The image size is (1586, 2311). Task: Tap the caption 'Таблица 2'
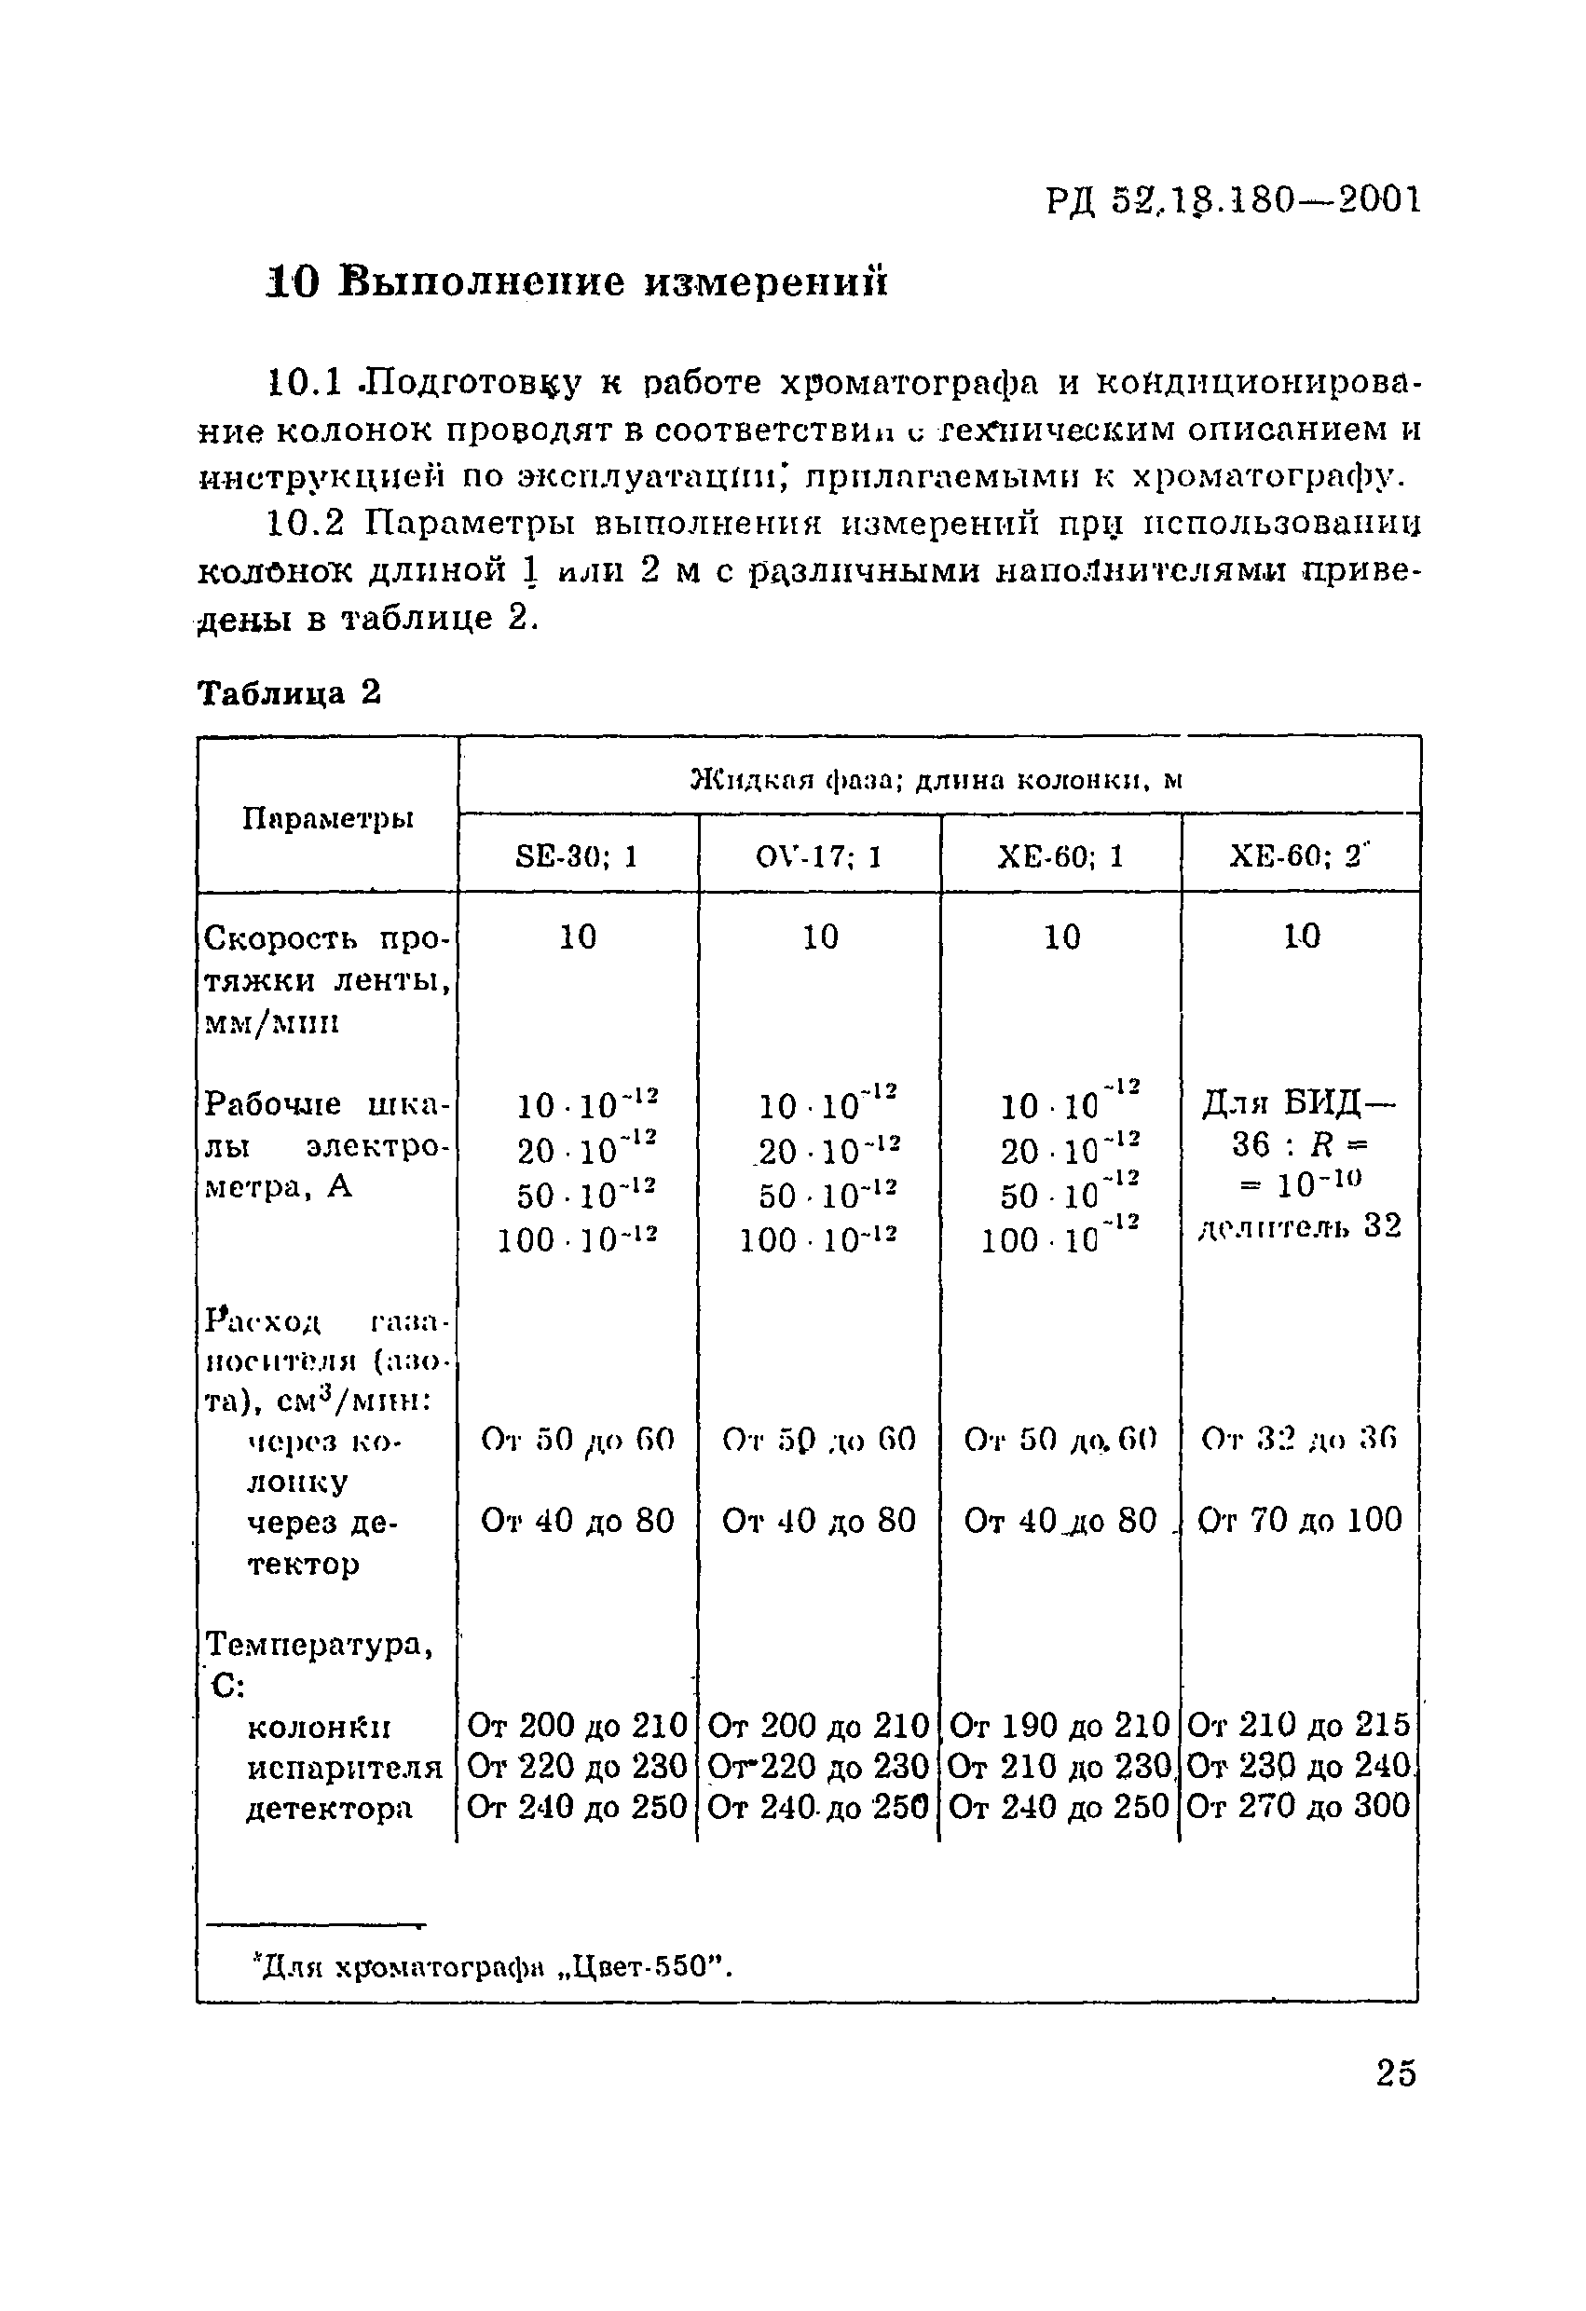290,692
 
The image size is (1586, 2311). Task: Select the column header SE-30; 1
577,856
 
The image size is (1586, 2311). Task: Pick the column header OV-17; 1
818,856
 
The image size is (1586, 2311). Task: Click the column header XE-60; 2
1300,856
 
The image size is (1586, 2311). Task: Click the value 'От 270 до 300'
1300,1805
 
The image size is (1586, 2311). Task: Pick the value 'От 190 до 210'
1059,1723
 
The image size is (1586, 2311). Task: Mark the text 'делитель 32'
1300,1226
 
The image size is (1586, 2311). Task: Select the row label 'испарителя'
344,1766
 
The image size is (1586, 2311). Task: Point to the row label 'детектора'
328,1807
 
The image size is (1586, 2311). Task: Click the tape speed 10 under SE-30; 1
577,937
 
